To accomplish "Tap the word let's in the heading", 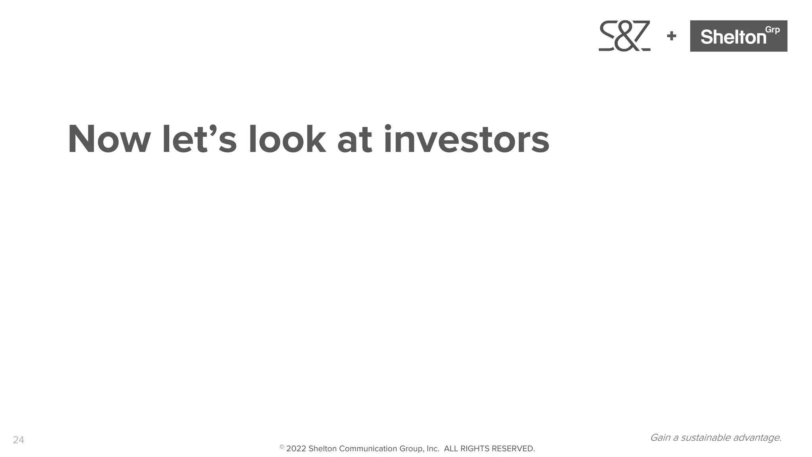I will pyautogui.click(x=199, y=140).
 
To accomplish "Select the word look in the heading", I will pyautogui.click(x=287, y=140).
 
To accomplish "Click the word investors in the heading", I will pyautogui.click(x=466, y=140).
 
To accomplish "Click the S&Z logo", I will pyautogui.click(x=624, y=36).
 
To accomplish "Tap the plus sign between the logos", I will pyautogui.click(x=671, y=36).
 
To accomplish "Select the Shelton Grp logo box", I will pyautogui.click(x=738, y=36).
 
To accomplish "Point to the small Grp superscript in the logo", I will pyautogui.click(x=772, y=30).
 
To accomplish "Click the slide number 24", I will pyautogui.click(x=19, y=440).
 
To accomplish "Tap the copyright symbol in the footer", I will pyautogui.click(x=282, y=447).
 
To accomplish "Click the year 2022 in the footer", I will pyautogui.click(x=296, y=449).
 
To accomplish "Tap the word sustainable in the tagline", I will pyautogui.click(x=706, y=438).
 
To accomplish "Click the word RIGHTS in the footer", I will pyautogui.click(x=475, y=449).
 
